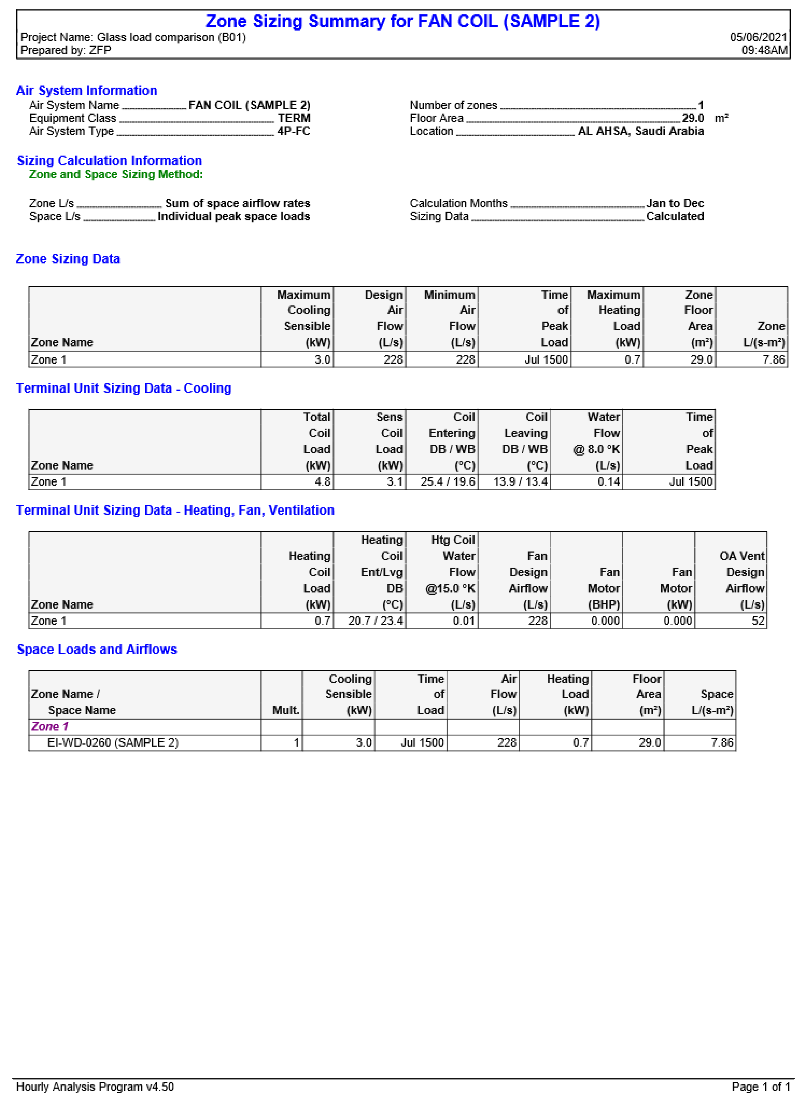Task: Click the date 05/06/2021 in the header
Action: [x=758, y=37]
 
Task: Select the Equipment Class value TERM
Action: [x=294, y=118]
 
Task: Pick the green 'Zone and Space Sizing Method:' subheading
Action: [x=116, y=174]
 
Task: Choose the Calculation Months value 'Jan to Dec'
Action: [x=675, y=203]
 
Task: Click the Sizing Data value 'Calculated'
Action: [x=675, y=216]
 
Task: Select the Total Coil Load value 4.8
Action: [x=322, y=482]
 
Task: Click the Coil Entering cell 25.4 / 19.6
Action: [x=447, y=482]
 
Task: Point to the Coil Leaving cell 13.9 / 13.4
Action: [x=520, y=482]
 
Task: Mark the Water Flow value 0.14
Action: [x=609, y=482]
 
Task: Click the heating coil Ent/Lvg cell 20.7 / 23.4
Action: [x=375, y=620]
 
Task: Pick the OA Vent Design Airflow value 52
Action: [x=758, y=620]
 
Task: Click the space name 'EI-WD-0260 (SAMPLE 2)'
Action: [x=113, y=743]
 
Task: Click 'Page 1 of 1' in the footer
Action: [x=760, y=1086]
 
